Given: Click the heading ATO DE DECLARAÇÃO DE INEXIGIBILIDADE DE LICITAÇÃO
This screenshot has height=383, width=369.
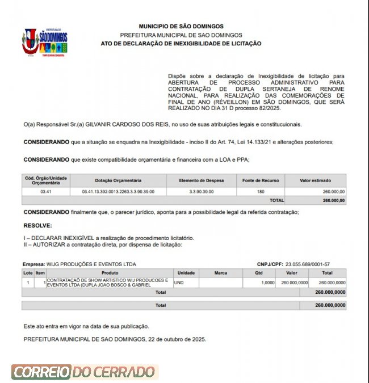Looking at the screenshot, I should (181, 43).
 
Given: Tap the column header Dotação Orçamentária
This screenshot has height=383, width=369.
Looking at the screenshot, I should (118, 180).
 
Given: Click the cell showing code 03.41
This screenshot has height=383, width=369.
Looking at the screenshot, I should (46, 192).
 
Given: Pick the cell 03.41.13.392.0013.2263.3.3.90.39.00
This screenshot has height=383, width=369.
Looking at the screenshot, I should (118, 192).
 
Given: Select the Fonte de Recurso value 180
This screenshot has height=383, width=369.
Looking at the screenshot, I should (261, 192).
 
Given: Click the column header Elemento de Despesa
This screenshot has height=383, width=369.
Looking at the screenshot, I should (202, 180).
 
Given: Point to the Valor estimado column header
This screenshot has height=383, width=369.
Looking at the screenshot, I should (316, 180).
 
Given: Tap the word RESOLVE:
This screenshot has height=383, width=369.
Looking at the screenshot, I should (37, 225).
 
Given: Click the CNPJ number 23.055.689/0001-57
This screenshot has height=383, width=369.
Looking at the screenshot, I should (308, 264).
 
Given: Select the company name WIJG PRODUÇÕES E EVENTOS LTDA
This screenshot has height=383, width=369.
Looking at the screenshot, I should (91, 264).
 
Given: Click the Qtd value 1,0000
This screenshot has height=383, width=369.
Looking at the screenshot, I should (266, 282).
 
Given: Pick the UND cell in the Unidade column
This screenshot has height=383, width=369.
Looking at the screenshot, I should (179, 282).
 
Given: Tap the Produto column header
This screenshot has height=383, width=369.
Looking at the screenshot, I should (110, 273).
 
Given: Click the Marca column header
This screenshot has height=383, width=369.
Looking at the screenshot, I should (221, 273).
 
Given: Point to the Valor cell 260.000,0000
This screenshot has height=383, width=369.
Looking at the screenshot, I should (294, 282).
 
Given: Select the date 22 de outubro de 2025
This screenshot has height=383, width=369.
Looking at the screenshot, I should (178, 339).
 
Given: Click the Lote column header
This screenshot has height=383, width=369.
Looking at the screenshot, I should (28, 273).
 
